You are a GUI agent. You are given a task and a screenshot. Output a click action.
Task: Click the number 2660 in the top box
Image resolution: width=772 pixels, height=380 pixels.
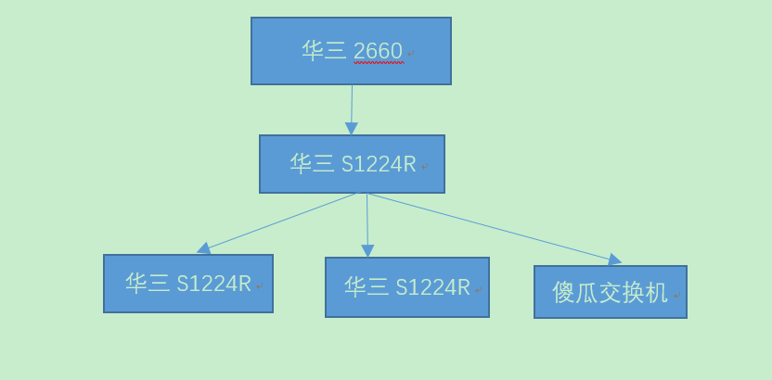click(378, 50)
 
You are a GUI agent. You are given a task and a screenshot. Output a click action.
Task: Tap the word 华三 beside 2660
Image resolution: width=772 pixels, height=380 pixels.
click(324, 50)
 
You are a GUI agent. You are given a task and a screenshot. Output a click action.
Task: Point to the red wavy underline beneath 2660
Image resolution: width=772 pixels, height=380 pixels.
click(379, 63)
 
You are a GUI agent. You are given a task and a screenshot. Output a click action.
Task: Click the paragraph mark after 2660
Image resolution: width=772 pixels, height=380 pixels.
click(411, 54)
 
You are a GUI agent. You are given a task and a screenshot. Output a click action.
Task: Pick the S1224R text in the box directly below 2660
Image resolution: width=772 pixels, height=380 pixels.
click(379, 164)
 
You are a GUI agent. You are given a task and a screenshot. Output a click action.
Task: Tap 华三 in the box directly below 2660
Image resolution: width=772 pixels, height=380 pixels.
click(312, 164)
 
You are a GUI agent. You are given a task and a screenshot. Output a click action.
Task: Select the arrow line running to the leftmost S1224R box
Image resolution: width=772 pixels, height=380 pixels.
click(278, 222)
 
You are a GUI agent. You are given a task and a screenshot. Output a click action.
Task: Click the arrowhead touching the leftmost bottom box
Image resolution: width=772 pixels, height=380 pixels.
click(204, 248)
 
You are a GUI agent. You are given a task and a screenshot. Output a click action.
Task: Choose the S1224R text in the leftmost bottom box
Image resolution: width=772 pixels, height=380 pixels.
click(213, 284)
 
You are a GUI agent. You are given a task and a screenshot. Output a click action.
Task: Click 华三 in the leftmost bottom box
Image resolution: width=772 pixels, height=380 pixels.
click(148, 284)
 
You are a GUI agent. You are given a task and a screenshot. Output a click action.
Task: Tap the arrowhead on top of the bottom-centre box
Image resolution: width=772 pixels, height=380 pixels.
click(367, 250)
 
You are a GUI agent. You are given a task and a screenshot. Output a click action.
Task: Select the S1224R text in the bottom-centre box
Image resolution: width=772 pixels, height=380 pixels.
click(432, 287)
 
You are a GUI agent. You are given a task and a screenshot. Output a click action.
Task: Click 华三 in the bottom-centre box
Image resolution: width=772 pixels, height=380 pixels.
click(367, 287)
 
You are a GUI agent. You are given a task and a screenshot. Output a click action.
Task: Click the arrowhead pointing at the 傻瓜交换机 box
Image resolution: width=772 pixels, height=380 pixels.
click(614, 260)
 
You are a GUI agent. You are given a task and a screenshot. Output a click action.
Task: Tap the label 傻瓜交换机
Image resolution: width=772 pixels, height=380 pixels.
click(610, 293)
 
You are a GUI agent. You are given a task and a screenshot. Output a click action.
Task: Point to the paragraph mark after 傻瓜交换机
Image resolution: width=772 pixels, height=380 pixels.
click(677, 296)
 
